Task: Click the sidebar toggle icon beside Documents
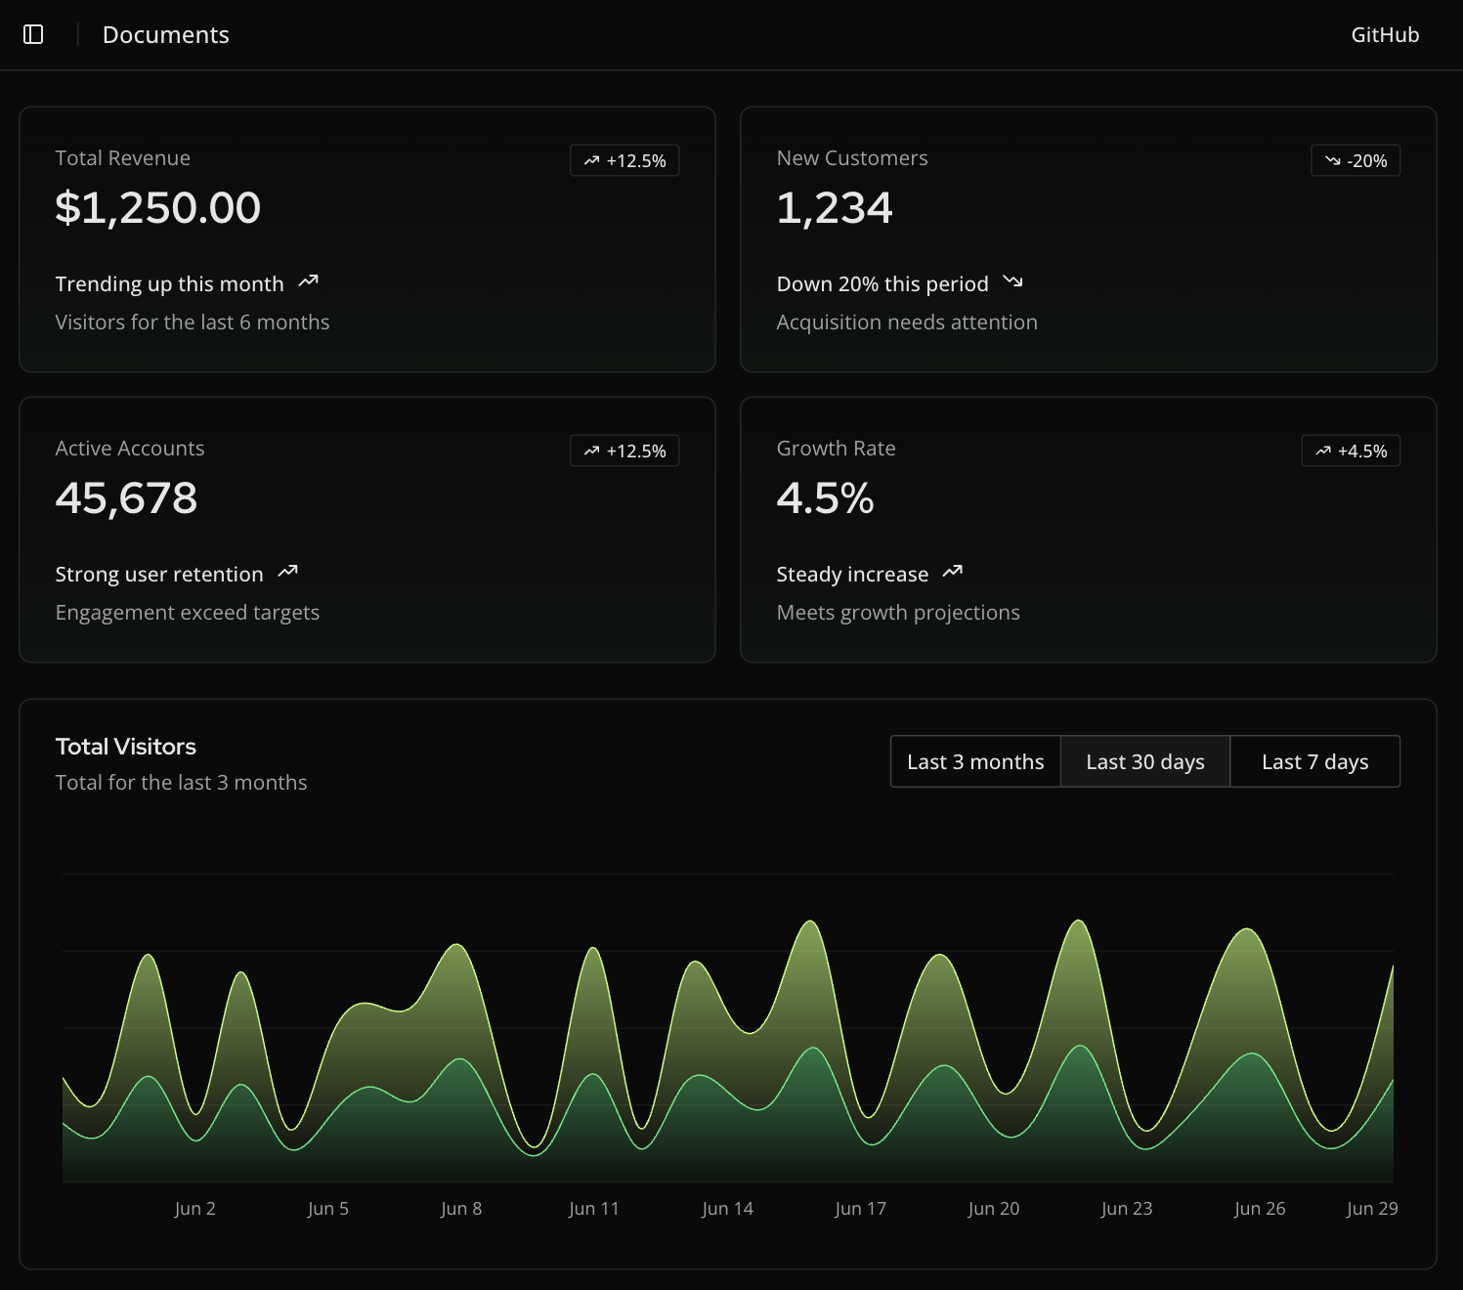click(33, 35)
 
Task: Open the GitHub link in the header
click(1384, 35)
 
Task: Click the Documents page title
click(165, 35)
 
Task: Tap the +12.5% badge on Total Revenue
click(624, 160)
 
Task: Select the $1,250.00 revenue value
click(158, 208)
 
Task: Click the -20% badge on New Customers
click(1355, 160)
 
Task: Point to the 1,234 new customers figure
click(834, 208)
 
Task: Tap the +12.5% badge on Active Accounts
click(624, 451)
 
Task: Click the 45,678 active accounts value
click(126, 498)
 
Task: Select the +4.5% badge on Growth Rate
click(1351, 451)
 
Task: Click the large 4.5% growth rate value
click(825, 498)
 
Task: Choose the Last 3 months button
click(975, 761)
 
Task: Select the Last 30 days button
click(1144, 761)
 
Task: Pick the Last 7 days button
click(1314, 761)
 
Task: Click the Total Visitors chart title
click(126, 747)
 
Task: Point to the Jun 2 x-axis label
click(194, 1209)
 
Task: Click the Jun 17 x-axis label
click(860, 1209)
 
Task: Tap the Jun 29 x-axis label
click(1371, 1209)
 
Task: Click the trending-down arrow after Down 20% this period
click(1012, 282)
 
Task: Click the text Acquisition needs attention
click(906, 322)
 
